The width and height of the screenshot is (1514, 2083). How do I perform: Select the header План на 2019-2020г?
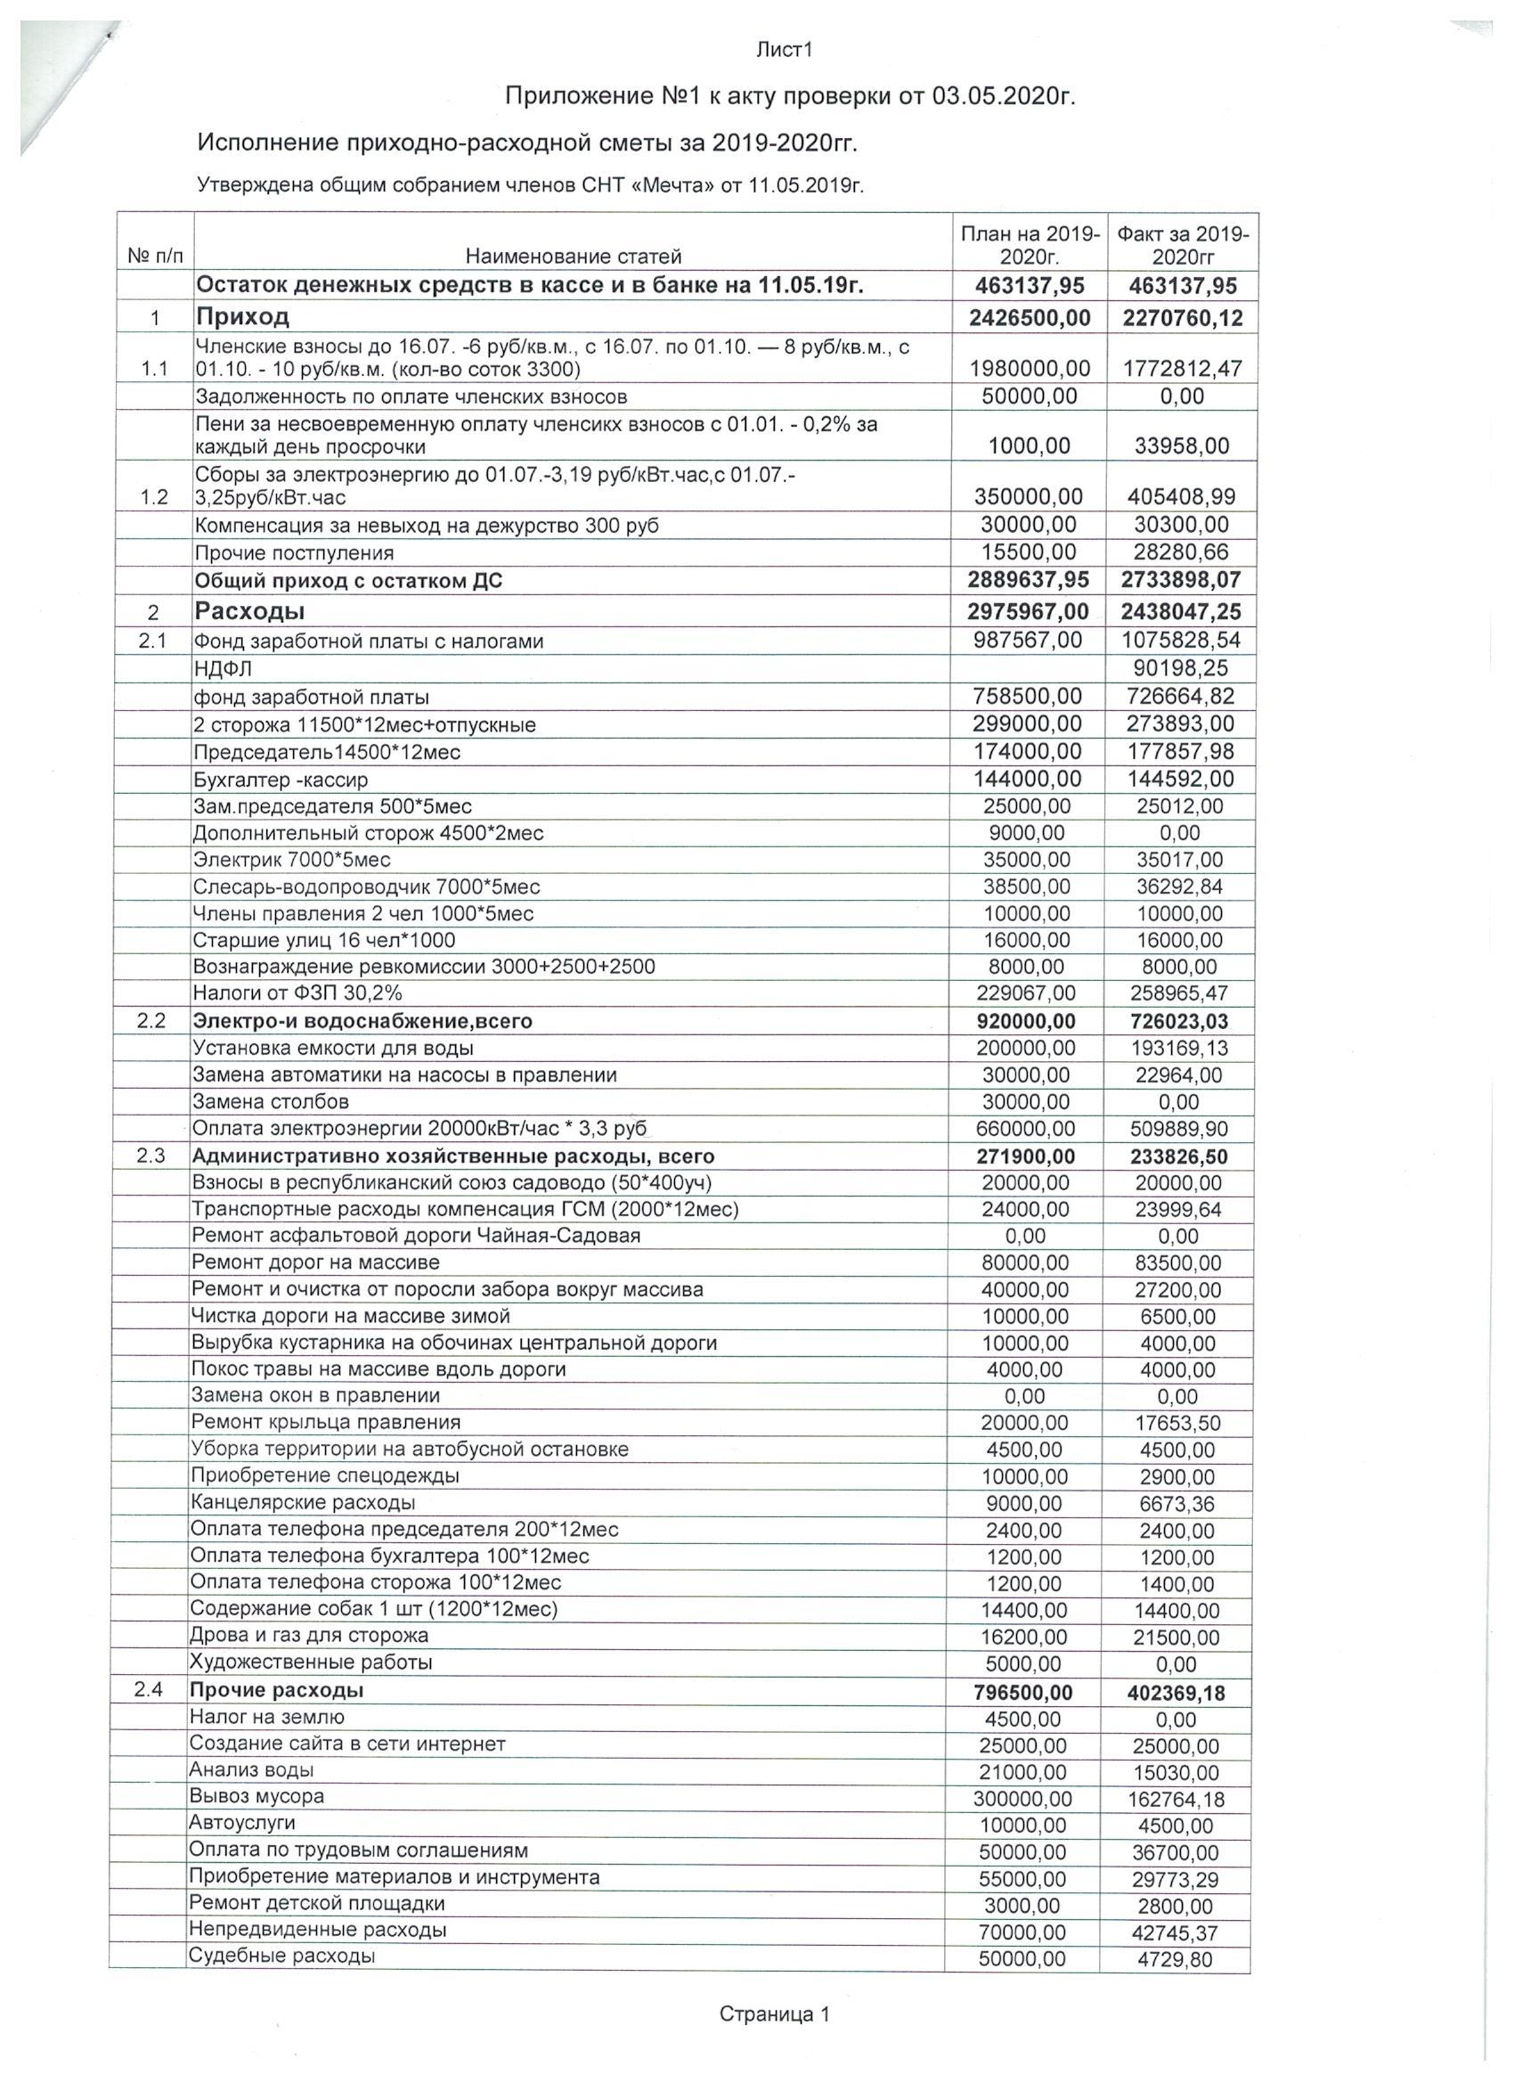click(1030, 244)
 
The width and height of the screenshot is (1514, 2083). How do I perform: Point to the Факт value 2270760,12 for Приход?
click(1182, 318)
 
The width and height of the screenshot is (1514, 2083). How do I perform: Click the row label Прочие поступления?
click(294, 553)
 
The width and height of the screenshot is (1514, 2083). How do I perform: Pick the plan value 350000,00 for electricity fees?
click(1029, 497)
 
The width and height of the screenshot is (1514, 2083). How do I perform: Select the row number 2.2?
click(151, 1020)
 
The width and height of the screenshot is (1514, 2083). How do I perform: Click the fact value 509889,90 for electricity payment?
click(1179, 1129)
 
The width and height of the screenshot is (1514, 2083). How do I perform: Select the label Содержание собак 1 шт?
click(373, 1608)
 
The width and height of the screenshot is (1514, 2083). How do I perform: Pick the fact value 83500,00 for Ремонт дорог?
click(1178, 1262)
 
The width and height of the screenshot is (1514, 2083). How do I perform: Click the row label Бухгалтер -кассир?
click(280, 780)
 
